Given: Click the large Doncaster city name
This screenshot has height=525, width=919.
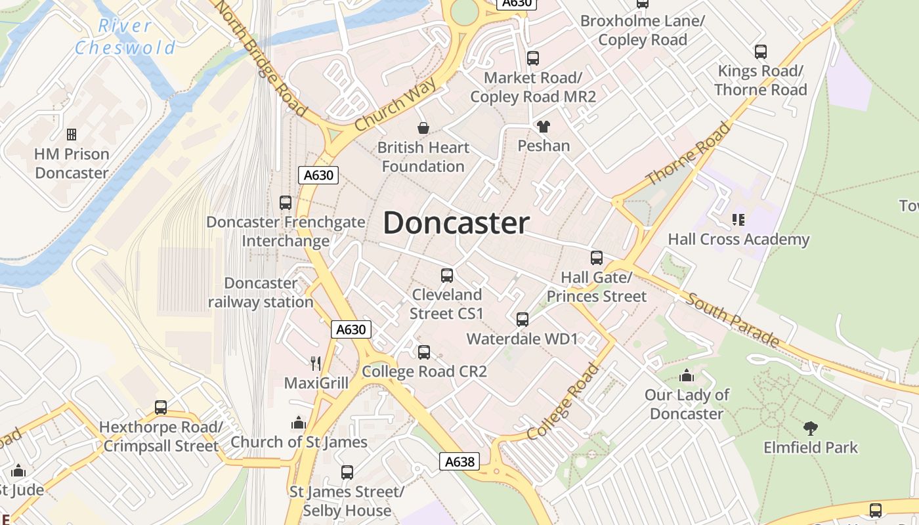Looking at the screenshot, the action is click(456, 223).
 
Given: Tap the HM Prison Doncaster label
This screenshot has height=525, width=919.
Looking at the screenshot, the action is click(72, 163).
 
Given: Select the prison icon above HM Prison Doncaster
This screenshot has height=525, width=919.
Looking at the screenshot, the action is click(72, 135).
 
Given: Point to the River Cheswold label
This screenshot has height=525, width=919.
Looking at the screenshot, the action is click(125, 37).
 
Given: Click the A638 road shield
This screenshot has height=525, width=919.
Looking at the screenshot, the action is click(459, 461).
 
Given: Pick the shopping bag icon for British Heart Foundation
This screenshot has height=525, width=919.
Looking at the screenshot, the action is click(423, 127).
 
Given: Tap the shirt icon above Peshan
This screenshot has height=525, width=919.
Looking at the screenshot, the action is click(544, 126).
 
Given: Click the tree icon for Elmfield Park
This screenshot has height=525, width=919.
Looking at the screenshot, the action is click(811, 429).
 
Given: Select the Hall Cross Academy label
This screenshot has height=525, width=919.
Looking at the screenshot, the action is click(738, 240).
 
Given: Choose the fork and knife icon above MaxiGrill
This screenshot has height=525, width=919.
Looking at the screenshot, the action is click(316, 363).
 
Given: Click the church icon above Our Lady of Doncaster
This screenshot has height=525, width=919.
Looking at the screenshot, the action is click(687, 376).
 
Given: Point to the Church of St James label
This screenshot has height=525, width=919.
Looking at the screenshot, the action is click(299, 442).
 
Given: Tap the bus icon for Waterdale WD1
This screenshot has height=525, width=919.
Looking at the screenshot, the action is click(523, 320).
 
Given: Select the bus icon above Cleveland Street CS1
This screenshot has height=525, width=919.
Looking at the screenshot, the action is click(447, 276).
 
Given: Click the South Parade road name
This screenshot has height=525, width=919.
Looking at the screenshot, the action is click(733, 320).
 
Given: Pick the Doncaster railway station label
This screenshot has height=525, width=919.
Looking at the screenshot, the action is click(261, 293).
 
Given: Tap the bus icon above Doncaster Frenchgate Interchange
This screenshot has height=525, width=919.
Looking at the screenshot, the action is click(286, 203).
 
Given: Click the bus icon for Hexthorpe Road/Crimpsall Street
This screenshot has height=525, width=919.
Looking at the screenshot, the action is click(161, 408).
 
